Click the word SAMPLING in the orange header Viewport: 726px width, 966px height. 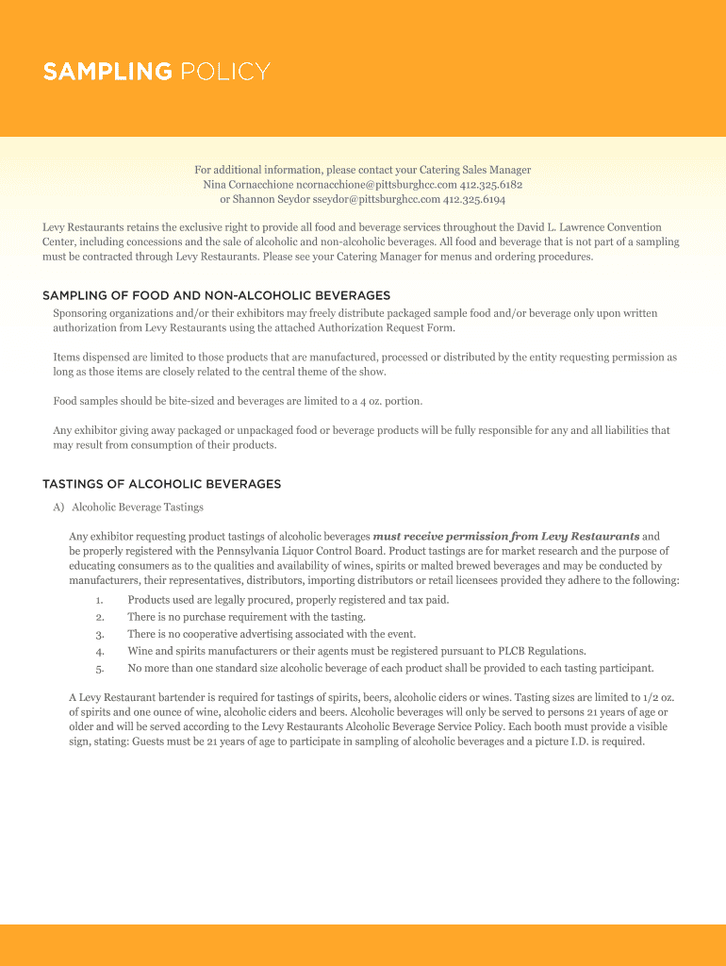107,72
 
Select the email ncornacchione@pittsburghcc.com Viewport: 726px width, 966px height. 376,185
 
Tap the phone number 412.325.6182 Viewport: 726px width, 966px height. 491,185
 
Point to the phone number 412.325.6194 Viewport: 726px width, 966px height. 474,200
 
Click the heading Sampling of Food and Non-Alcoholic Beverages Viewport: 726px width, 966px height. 216,295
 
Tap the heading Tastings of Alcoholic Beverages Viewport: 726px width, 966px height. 161,484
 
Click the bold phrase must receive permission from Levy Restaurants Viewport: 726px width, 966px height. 506,536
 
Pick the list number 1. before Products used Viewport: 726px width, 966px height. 99,600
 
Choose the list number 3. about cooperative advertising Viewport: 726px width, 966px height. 99,634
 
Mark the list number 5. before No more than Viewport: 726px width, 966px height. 99,668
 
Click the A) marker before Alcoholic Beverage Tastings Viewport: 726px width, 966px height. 58,507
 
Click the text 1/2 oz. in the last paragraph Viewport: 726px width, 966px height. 659,697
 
